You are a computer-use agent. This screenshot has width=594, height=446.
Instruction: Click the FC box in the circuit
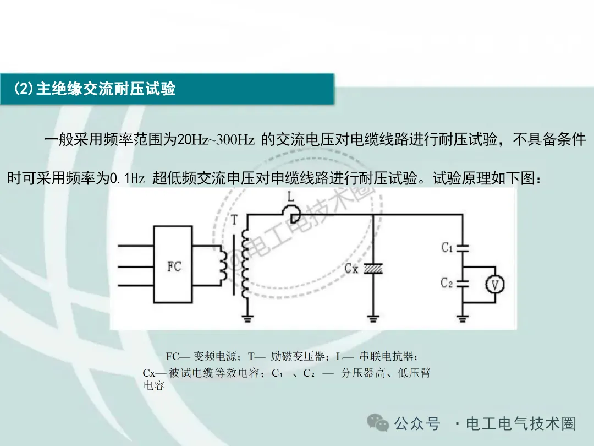pos(174,266)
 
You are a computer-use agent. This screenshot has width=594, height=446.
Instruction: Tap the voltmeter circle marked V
pos(494,284)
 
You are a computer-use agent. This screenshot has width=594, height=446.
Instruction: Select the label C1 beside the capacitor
pos(447,248)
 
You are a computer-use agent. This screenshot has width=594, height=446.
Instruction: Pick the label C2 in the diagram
pos(447,283)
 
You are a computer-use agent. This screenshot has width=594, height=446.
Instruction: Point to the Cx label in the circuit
pos(351,269)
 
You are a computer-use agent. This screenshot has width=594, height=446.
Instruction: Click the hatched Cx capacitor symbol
pos(373,269)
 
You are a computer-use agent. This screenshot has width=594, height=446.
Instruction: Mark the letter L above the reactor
pos(291,197)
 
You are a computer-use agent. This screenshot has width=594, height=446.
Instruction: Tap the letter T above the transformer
pos(235,220)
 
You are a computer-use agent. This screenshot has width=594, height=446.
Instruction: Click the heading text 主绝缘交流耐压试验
pos(106,89)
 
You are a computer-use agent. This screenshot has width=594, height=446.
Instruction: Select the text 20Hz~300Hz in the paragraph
pos(216,140)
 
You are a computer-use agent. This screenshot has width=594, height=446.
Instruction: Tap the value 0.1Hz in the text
pos(128,179)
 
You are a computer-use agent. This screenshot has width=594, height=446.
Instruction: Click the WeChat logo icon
pos(378,423)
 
